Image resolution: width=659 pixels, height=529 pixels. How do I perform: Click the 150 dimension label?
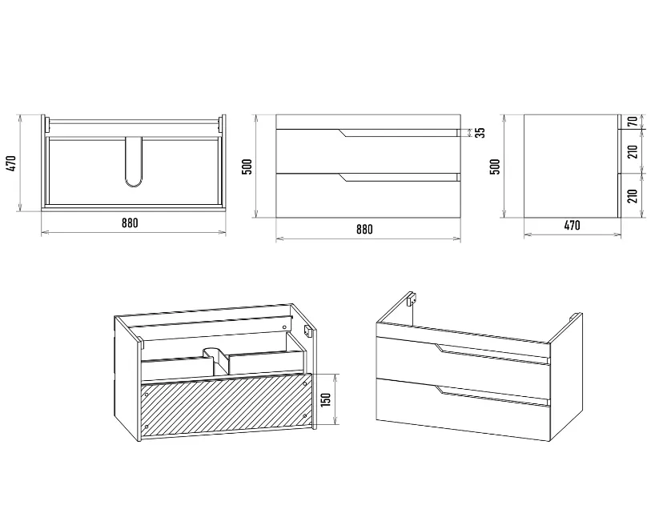coord(326,399)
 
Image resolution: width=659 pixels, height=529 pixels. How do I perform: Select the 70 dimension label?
coord(633,122)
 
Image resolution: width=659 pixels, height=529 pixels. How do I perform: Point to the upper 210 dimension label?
coord(633,151)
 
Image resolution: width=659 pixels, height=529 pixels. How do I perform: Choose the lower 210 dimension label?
coord(633,195)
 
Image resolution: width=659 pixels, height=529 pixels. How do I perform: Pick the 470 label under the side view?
coord(572,226)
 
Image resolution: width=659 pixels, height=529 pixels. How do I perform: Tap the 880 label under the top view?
coord(130,222)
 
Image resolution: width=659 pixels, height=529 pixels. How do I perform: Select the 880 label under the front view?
coord(364,230)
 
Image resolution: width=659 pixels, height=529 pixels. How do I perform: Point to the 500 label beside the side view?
coord(496,166)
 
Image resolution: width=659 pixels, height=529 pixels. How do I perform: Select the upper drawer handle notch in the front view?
coord(344,134)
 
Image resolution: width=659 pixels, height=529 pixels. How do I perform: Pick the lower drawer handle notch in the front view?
coord(344,178)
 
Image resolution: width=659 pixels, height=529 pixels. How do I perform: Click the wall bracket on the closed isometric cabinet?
coord(412,298)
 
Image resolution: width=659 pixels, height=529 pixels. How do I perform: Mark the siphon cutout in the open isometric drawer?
coord(215,359)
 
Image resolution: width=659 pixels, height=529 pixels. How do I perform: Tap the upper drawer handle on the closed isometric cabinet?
coord(492,354)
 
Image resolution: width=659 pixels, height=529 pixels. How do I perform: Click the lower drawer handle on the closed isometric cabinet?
coord(492,396)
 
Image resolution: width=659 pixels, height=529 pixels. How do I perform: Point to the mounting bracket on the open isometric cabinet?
coord(307,331)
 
